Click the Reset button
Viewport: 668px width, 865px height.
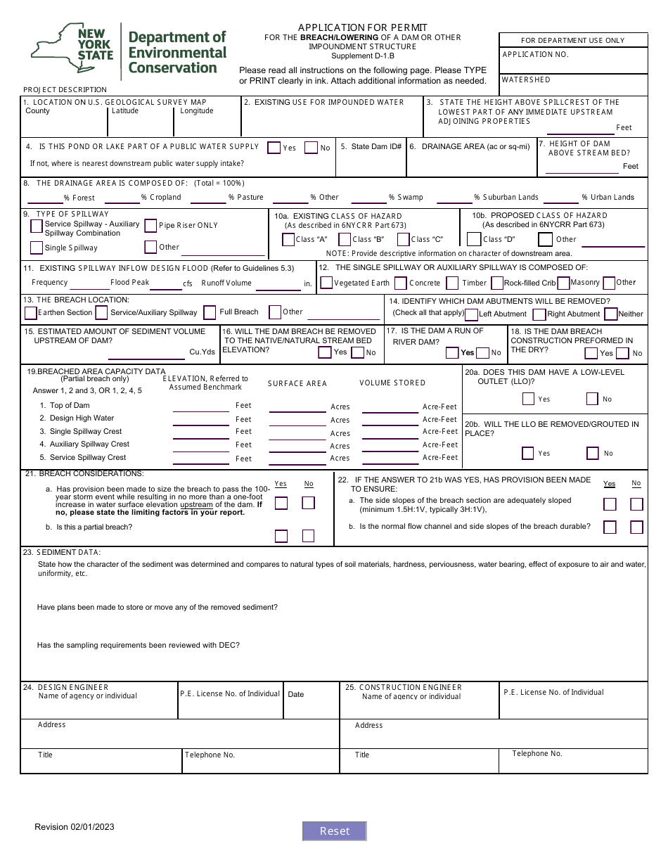[x=335, y=831]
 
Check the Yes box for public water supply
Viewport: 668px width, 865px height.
[x=274, y=147]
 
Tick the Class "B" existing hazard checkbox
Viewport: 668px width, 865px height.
[x=344, y=240]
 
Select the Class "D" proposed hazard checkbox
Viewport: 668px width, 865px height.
[x=474, y=239]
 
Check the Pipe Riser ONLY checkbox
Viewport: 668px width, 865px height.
[x=150, y=226]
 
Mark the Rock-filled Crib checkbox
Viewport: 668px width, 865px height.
[x=496, y=283]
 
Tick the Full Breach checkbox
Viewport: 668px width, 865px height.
[x=210, y=312]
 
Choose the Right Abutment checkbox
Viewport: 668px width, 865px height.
[x=539, y=314]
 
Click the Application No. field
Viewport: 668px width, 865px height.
[x=573, y=63]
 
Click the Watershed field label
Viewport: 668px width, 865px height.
[x=526, y=80]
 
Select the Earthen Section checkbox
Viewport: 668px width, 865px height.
[x=30, y=312]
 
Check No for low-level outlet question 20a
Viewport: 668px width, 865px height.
[x=593, y=399]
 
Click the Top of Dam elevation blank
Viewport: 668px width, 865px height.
[x=200, y=406]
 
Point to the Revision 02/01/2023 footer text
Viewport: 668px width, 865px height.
[x=75, y=827]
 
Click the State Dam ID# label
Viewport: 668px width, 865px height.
[x=371, y=147]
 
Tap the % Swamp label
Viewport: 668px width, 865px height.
[x=406, y=198]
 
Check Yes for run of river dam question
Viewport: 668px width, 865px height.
[x=452, y=352]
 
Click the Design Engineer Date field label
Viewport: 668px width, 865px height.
[x=296, y=694]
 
